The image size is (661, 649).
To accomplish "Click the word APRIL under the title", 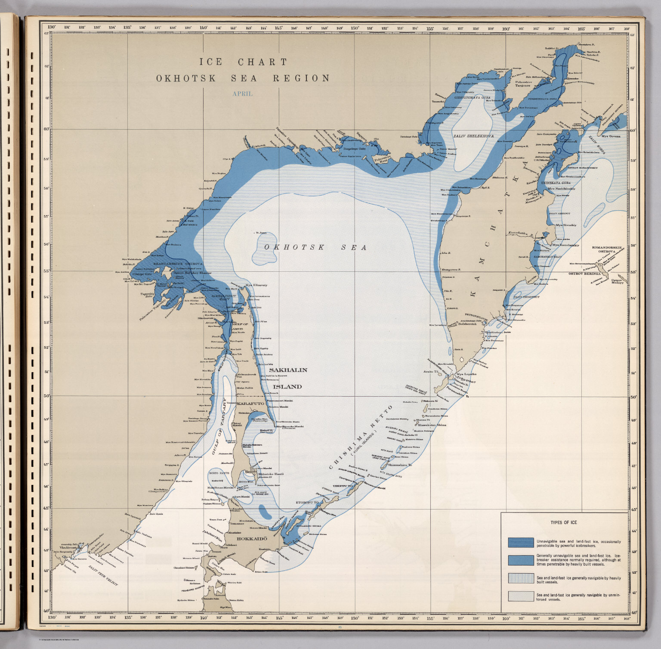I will (x=242, y=93).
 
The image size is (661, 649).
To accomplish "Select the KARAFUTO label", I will (x=250, y=404).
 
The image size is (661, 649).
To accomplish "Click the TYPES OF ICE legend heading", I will (x=563, y=522).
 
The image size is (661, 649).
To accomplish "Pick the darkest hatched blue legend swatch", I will (x=520, y=542).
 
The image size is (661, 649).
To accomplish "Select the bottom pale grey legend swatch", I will (x=520, y=596).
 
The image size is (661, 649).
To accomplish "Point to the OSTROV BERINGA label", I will (x=584, y=273).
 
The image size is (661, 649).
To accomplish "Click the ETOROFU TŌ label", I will (x=307, y=503).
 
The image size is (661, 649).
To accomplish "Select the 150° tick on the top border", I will (x=354, y=28).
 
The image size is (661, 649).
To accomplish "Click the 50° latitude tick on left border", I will (x=46, y=395).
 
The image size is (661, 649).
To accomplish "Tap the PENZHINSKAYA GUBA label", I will (x=542, y=99).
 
